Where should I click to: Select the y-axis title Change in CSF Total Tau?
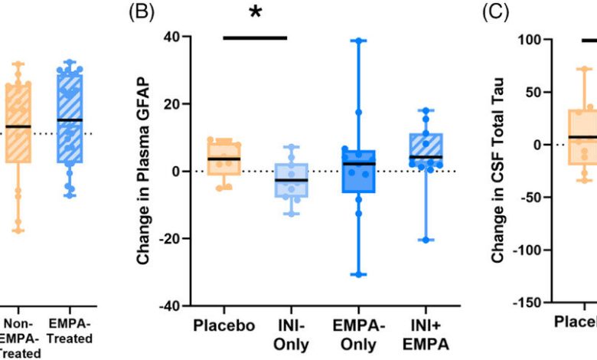pos(498,173)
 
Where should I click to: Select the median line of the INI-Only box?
pos(286,180)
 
